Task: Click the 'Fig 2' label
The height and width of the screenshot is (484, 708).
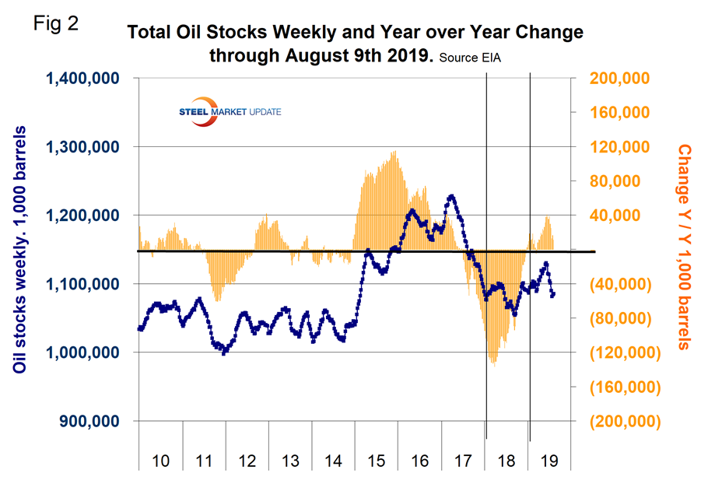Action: (x=56, y=23)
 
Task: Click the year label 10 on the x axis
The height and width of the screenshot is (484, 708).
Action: (x=161, y=460)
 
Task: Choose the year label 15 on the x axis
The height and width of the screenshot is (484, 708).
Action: (x=377, y=460)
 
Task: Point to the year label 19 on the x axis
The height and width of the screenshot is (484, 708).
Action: (x=549, y=460)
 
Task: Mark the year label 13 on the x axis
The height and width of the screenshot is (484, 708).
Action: (x=290, y=460)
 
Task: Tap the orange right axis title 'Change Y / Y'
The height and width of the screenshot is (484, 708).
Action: (x=684, y=246)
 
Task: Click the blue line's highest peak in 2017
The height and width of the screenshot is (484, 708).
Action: (x=451, y=195)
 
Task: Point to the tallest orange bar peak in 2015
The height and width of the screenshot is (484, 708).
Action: (x=394, y=152)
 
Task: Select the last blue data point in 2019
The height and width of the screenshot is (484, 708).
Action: (x=553, y=294)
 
